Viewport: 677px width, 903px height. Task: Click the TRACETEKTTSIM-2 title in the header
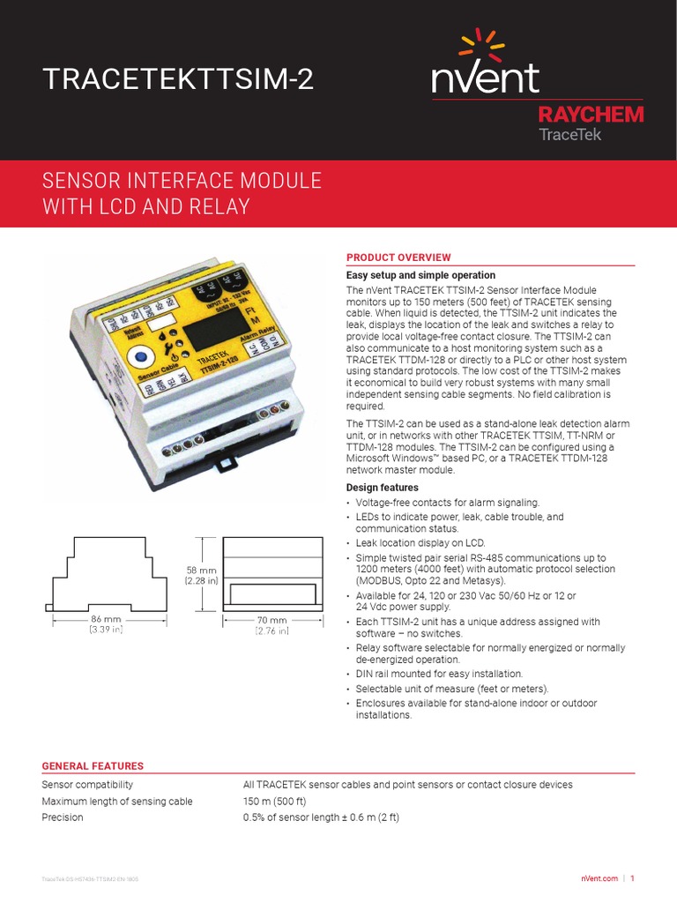(x=177, y=80)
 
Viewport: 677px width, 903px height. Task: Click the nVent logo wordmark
(x=485, y=78)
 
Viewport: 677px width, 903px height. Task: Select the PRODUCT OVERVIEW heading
(x=398, y=257)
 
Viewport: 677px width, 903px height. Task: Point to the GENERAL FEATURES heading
(x=93, y=766)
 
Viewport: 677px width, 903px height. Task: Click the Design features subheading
(x=382, y=488)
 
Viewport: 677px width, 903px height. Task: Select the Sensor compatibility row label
(x=87, y=785)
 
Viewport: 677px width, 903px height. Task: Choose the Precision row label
(x=63, y=817)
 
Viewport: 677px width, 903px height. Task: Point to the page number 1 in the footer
(x=632, y=878)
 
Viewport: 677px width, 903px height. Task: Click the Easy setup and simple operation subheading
(x=420, y=275)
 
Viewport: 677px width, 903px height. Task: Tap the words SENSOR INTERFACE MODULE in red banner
(x=182, y=182)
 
